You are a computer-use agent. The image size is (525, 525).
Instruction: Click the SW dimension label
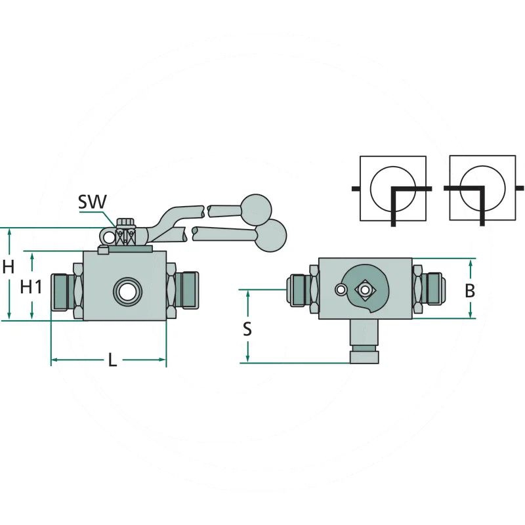pos(92,201)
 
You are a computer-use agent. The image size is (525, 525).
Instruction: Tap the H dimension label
pos(9,267)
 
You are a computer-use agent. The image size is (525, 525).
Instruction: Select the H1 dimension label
pos(31,287)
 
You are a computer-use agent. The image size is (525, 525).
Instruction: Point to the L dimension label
pos(112,360)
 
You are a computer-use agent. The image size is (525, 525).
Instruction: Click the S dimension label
pos(247,329)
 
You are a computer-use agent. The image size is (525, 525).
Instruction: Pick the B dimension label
pos(470,291)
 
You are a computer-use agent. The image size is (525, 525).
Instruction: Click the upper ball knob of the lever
pos(256,209)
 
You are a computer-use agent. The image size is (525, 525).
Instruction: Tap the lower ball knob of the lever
pos(271,236)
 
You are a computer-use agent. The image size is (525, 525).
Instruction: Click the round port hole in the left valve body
pos(127,291)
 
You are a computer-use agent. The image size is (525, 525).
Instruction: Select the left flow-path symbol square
pos(392,188)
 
